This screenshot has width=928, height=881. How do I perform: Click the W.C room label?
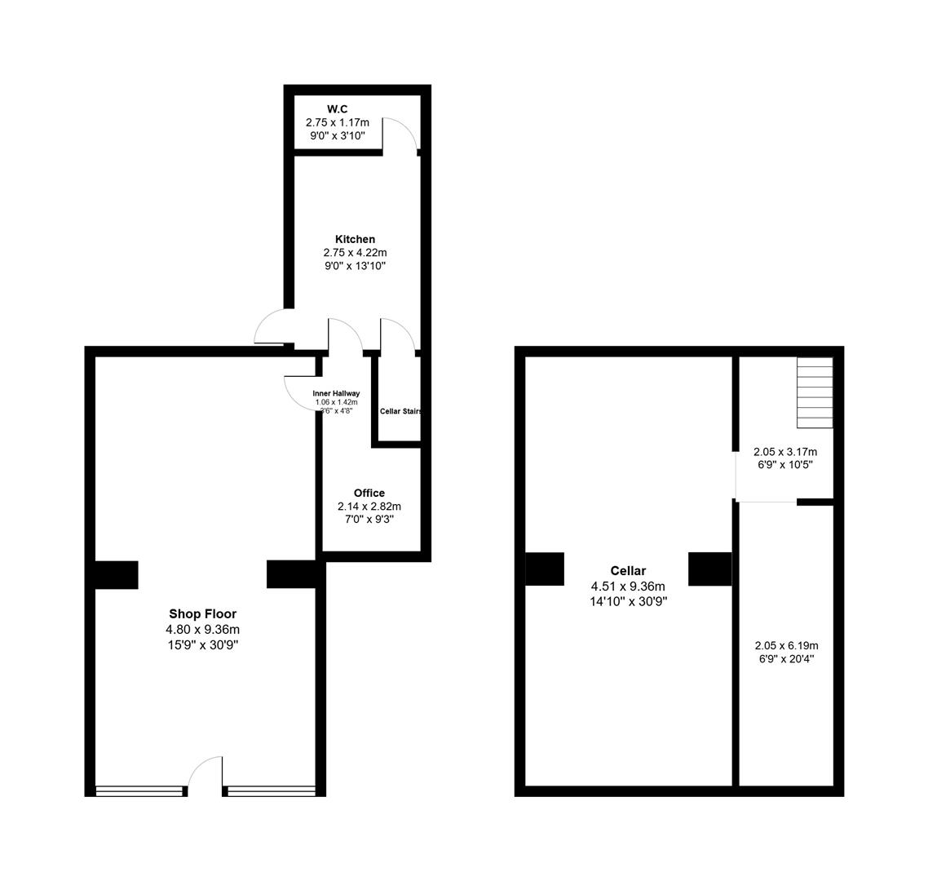coord(337,109)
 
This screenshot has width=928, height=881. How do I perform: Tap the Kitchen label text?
coord(355,239)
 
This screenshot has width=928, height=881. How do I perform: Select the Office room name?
coord(369,493)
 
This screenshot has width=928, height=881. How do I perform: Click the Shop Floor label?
coord(202,613)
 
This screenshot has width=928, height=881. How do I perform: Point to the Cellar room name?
coord(628,571)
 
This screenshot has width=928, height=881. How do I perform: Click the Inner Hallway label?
coord(336,393)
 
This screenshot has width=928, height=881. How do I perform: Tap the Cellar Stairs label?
coord(400,411)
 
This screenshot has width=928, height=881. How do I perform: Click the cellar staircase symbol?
coord(815,392)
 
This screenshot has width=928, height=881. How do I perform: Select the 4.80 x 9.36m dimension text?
coord(202,629)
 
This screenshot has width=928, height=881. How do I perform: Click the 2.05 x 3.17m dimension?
coord(785,451)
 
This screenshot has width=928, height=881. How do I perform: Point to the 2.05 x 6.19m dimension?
coord(785,645)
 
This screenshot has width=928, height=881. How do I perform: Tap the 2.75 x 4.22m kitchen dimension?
coord(355,253)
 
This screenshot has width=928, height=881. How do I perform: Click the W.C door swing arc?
coord(400,133)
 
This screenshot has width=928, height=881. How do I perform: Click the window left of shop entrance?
coord(140,790)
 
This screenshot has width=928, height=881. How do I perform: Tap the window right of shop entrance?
coord(271,790)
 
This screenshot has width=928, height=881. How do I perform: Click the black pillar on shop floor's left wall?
coord(117,574)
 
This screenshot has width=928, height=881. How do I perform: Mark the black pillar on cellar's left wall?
coord(545,569)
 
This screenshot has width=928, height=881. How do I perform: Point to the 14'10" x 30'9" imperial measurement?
coord(628,601)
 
